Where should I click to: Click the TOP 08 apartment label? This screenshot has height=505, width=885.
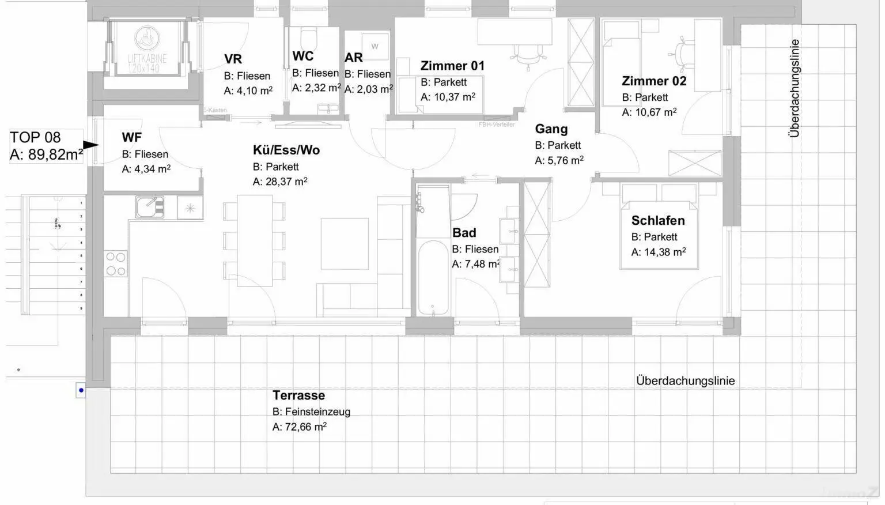[x=35, y=138]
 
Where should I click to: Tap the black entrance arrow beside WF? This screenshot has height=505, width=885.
[x=90, y=145]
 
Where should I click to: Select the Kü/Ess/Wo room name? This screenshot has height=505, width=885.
[x=286, y=150]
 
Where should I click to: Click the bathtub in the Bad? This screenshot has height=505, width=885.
[x=433, y=278]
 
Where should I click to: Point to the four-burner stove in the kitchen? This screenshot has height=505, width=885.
[x=116, y=264]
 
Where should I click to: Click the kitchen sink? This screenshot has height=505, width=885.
[x=150, y=207]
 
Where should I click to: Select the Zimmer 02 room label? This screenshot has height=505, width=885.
[x=654, y=81]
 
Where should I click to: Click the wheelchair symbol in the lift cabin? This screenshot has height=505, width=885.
[x=144, y=39]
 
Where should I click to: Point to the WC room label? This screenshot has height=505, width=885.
[x=303, y=56]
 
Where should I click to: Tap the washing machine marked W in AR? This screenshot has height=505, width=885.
[x=375, y=46]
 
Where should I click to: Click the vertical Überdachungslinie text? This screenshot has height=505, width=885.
[x=795, y=88]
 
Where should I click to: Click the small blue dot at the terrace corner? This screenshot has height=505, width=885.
[x=81, y=390]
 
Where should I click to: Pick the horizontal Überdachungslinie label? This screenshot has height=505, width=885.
[x=685, y=381]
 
